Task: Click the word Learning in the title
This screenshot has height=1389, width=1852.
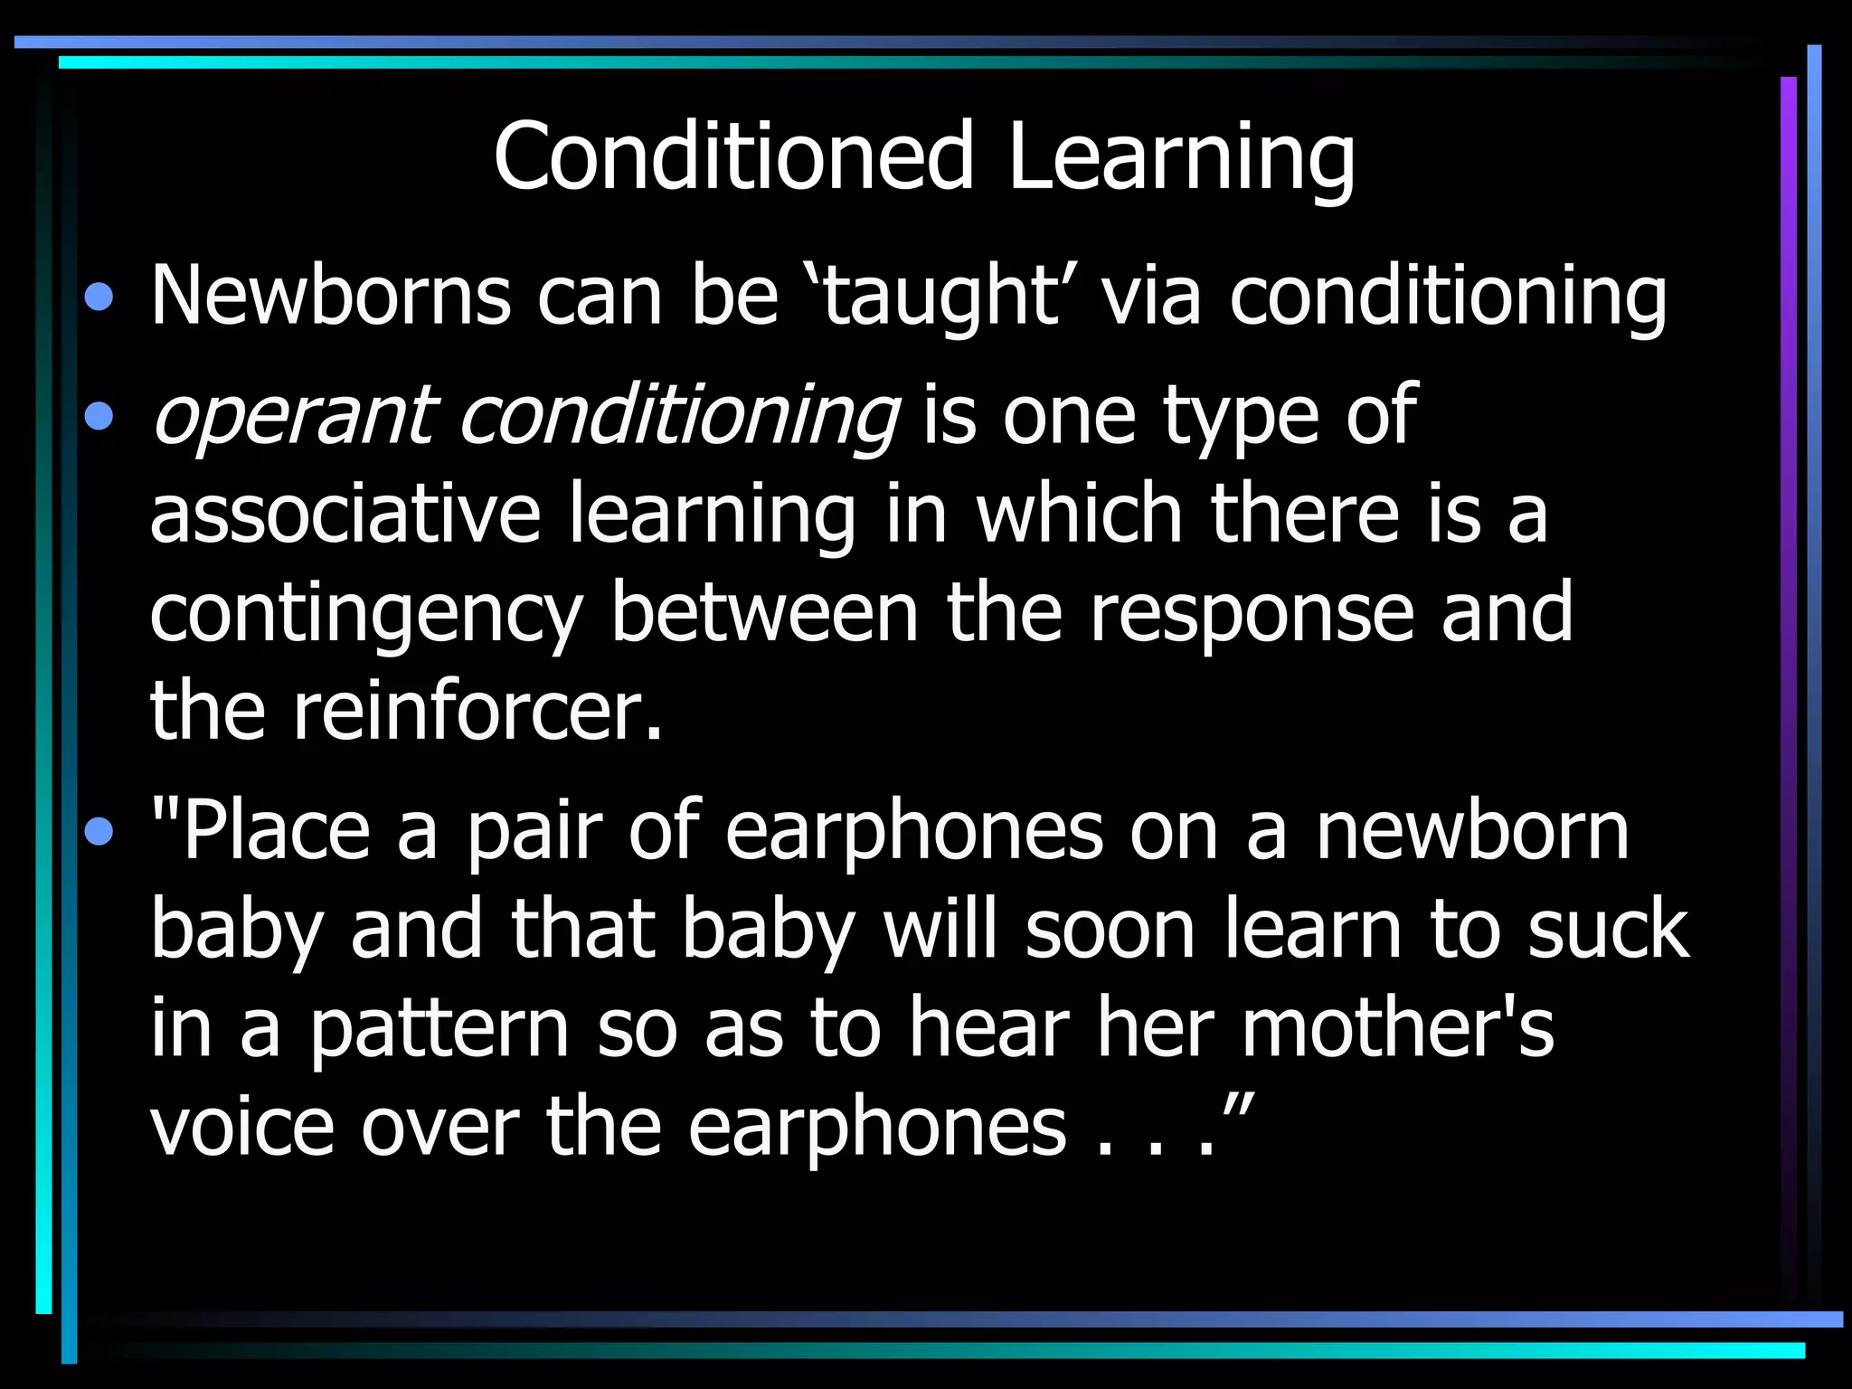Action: [1180, 158]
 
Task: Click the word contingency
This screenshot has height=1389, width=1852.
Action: [365, 615]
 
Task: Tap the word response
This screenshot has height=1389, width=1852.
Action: [1252, 615]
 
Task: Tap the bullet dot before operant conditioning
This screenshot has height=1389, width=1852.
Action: [99, 416]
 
